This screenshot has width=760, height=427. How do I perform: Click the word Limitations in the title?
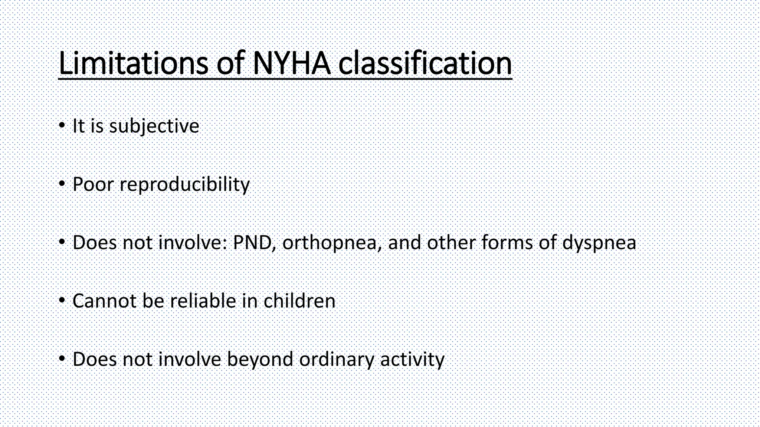133,63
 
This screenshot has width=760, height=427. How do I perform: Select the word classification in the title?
425,63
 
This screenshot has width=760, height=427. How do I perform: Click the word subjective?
154,126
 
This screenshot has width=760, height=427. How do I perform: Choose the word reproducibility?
184,184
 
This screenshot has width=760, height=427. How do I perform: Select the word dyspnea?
599,243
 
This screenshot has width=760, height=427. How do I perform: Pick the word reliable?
203,301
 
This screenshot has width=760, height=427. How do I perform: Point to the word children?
299,301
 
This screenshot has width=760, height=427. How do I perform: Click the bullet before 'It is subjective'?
62,126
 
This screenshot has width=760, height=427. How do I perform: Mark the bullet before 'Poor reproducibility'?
62,184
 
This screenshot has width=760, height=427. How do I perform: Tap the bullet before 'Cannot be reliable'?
62,300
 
